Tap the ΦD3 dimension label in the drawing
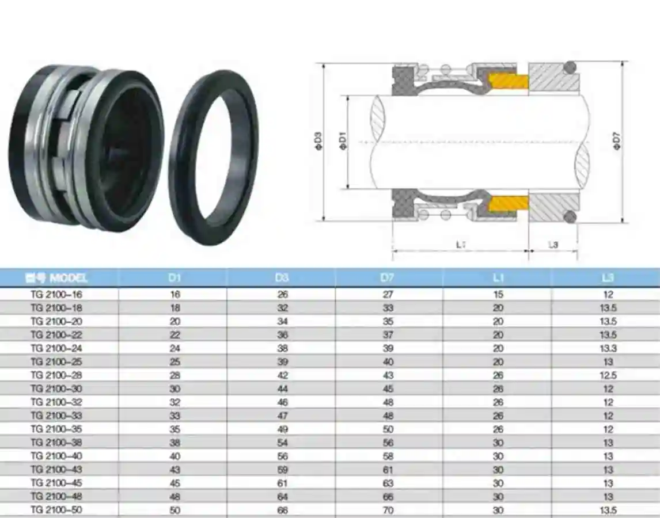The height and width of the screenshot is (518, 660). (318, 141)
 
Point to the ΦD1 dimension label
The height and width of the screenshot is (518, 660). (343, 141)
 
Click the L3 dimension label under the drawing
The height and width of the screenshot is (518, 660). (553, 245)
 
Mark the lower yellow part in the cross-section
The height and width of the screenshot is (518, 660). (508, 203)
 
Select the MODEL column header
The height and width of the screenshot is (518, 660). (57, 278)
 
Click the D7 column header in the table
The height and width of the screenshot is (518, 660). (388, 278)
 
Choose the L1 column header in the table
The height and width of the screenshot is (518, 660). (498, 278)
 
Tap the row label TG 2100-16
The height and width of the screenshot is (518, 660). (57, 294)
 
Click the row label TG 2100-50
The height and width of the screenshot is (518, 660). (57, 511)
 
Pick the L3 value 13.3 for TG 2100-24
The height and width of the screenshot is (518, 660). (608, 348)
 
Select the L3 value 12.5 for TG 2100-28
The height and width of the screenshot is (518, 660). (608, 375)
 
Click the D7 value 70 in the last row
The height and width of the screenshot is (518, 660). (388, 511)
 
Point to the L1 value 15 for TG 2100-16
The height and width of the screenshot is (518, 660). (498, 294)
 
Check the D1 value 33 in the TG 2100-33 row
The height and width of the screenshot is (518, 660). (175, 416)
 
